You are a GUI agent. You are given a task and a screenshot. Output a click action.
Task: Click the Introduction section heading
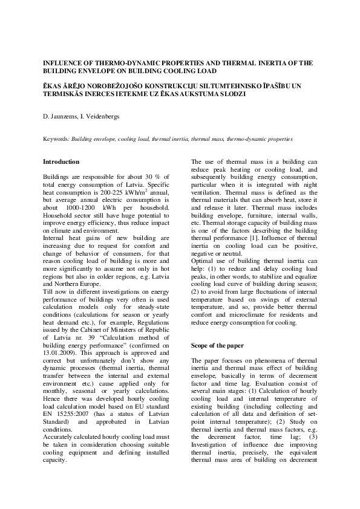click(x=61, y=162)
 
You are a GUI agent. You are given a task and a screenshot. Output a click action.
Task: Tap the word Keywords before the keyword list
click(x=56, y=138)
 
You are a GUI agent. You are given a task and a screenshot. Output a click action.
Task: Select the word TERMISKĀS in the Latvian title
click(x=65, y=95)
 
